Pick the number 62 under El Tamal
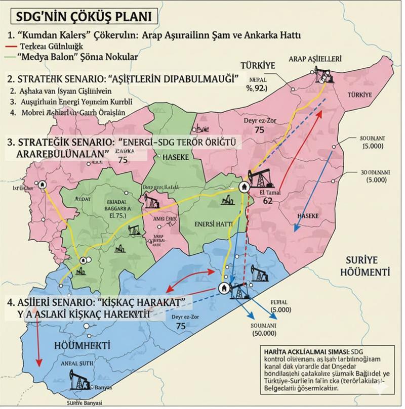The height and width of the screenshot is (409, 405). point(268,200)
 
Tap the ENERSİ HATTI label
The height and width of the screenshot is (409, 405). point(214,223)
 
